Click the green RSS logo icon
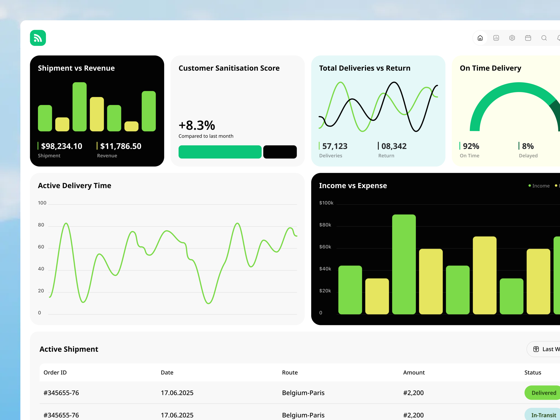[x=38, y=38]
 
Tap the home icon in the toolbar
[x=480, y=38]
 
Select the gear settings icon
[x=512, y=38]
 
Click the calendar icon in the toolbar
[x=528, y=38]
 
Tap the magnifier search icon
[x=544, y=38]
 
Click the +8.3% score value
[x=197, y=125]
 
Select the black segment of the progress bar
[x=280, y=152]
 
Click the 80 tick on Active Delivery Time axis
[x=41, y=225]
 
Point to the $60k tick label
[x=325, y=247]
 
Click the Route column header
[x=290, y=372]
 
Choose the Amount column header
[x=414, y=372]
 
